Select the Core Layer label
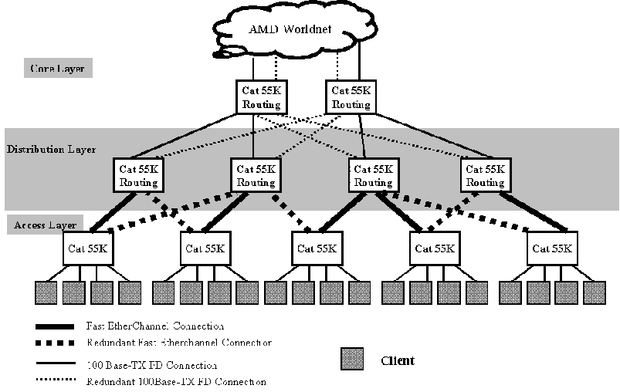click(57, 69)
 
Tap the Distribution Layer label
click(51, 149)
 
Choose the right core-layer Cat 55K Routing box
click(351, 97)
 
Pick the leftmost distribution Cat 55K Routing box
click(139, 175)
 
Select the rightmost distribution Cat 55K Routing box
click(486, 175)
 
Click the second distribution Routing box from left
click(256, 175)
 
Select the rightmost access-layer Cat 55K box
click(551, 248)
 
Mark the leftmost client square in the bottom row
click(46, 293)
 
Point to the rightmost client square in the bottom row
click(594, 293)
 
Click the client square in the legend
click(353, 360)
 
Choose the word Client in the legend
click(398, 360)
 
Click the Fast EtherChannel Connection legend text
click(156, 326)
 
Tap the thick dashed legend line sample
click(54, 343)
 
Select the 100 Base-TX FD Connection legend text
click(151, 365)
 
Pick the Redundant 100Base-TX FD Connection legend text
click(176, 381)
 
